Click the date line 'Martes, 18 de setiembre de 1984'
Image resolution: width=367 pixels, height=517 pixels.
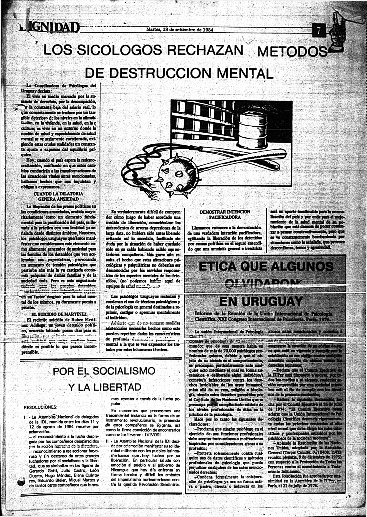(180, 30)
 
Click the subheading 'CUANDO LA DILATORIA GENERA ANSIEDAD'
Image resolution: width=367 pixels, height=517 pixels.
(58, 196)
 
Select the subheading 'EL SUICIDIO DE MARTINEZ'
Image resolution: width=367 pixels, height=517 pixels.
(59, 314)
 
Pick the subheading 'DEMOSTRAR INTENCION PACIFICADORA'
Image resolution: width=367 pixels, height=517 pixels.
(225, 214)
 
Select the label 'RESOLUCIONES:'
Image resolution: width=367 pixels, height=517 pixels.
(41, 407)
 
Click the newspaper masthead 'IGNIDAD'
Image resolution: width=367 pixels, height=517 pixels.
(50, 28)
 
